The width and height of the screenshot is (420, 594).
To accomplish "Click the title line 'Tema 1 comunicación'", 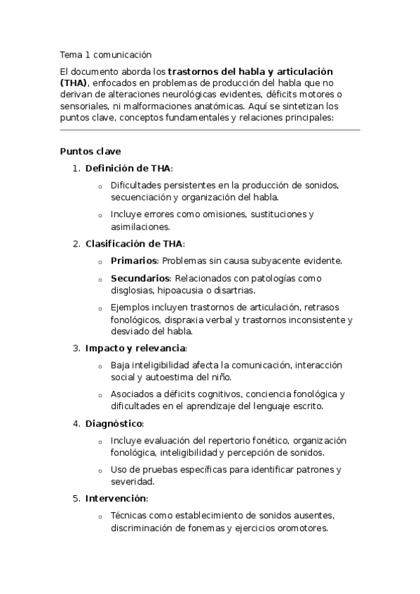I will (x=105, y=54).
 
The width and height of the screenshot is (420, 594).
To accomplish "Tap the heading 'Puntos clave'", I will (x=90, y=151).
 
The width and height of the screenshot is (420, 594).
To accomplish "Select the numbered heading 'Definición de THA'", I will (x=128, y=168).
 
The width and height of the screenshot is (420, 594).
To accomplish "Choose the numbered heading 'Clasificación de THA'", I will (x=134, y=244).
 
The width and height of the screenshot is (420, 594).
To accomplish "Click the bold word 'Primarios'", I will (x=133, y=261).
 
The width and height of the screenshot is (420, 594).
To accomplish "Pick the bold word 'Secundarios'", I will (x=140, y=278).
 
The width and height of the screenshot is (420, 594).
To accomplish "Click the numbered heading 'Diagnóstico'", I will (x=114, y=423).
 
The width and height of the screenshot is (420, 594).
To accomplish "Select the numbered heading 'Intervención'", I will (x=116, y=499).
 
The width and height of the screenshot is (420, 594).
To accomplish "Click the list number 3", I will (x=76, y=348).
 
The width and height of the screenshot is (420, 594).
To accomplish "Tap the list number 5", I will (x=76, y=499).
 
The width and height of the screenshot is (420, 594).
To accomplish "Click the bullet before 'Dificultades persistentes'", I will (x=100, y=186).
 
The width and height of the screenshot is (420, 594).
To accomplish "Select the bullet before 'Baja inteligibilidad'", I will (x=100, y=366).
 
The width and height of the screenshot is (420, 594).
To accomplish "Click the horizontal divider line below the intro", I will (x=210, y=130).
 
